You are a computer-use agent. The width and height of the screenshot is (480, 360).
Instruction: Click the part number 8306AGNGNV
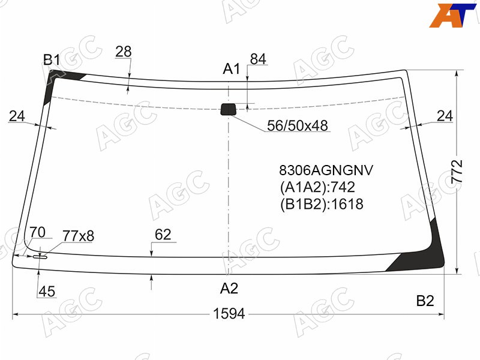coord(326,170)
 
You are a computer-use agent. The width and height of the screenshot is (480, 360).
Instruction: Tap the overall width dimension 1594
coord(229,314)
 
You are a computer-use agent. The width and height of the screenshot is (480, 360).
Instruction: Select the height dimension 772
coord(457,172)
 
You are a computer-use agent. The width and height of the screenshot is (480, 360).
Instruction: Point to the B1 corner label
coord(52,59)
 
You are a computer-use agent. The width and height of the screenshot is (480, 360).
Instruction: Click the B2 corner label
coord(425,301)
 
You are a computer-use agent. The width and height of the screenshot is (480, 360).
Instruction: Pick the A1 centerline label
coord(232,69)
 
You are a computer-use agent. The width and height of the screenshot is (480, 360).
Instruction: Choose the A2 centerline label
coord(229,288)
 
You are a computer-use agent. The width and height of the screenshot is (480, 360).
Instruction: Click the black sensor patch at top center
coord(229,109)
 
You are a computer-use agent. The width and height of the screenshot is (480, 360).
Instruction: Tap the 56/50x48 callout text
coord(297,125)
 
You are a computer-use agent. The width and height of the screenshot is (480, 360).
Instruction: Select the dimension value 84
coord(258,59)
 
